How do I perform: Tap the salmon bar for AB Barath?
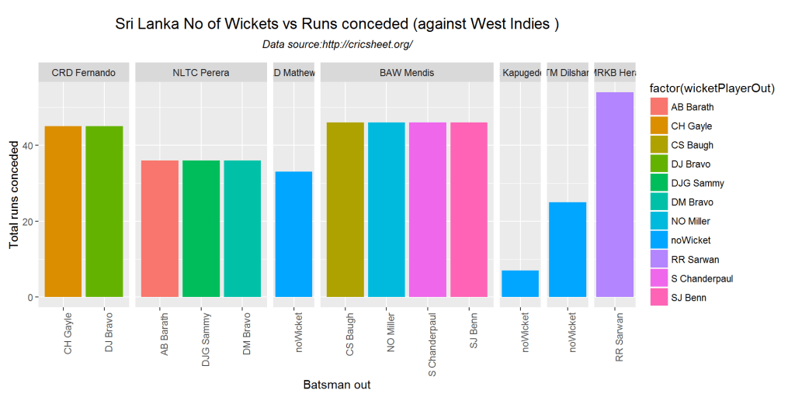coord(159,229)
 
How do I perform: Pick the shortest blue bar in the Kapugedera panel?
coord(520,284)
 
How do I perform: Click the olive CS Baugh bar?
coord(345,209)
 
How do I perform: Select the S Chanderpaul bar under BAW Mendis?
coord(428,209)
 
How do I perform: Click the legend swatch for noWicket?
coord(658,240)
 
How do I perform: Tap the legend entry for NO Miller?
coord(691,221)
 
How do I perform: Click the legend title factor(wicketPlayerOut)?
coord(712,88)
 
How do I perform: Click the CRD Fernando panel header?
coord(83,73)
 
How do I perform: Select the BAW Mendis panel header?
coord(407,73)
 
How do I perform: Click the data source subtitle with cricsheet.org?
coord(338,45)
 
